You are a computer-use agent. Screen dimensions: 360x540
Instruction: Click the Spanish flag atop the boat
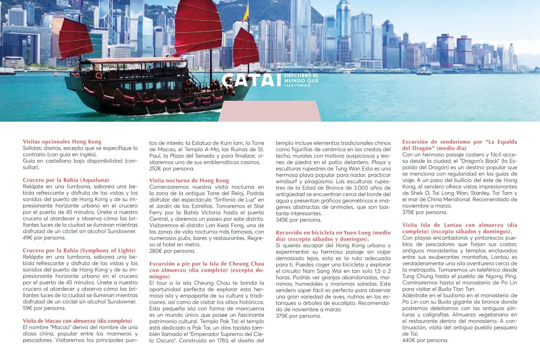[246, 12]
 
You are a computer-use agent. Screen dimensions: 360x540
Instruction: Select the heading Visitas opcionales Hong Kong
[62, 142]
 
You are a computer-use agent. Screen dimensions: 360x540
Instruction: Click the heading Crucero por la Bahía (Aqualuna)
[66, 180]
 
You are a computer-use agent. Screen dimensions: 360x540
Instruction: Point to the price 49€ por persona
[44, 238]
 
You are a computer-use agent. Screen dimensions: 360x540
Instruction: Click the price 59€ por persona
[44, 308]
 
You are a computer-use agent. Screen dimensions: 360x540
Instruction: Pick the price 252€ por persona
[172, 169]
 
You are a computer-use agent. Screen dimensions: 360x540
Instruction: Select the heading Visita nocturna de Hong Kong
[189, 180]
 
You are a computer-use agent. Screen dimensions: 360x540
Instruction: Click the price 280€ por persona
[172, 251]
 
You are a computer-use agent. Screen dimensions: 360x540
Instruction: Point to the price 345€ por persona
[298, 220]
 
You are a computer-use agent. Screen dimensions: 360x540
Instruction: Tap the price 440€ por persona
[425, 340]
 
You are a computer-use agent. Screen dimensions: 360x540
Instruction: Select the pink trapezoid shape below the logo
[270, 111]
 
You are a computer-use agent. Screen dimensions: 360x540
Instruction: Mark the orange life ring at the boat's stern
[99, 75]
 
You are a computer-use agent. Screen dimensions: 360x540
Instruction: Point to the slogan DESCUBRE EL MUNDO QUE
[301, 78]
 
